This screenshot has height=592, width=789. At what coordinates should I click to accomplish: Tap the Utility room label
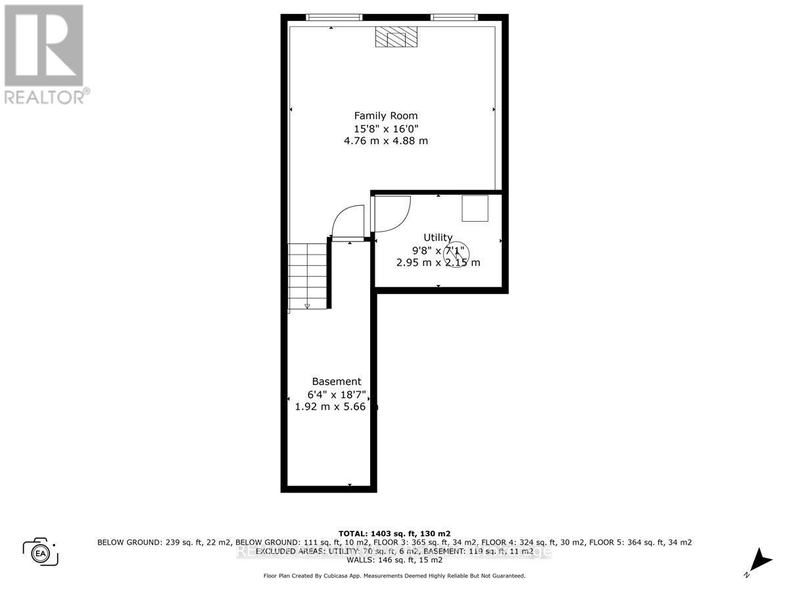(437, 237)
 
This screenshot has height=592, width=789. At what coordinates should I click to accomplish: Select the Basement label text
(336, 382)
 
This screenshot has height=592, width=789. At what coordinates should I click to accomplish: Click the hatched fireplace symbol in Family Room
(395, 37)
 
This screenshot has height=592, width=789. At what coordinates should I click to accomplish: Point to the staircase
(308, 275)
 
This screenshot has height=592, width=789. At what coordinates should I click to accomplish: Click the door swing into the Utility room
(391, 214)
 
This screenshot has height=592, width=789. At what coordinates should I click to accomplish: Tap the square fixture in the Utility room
(475, 208)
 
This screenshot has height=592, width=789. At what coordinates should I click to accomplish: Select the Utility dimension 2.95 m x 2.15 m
(438, 262)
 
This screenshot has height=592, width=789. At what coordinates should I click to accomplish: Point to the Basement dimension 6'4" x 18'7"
(337, 395)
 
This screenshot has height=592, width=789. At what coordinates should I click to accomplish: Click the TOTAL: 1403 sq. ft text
(394, 533)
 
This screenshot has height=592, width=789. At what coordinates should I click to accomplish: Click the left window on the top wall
(334, 17)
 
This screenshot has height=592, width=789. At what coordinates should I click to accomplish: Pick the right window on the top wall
(454, 17)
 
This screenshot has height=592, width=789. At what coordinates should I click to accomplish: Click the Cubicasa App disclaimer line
(394, 576)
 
